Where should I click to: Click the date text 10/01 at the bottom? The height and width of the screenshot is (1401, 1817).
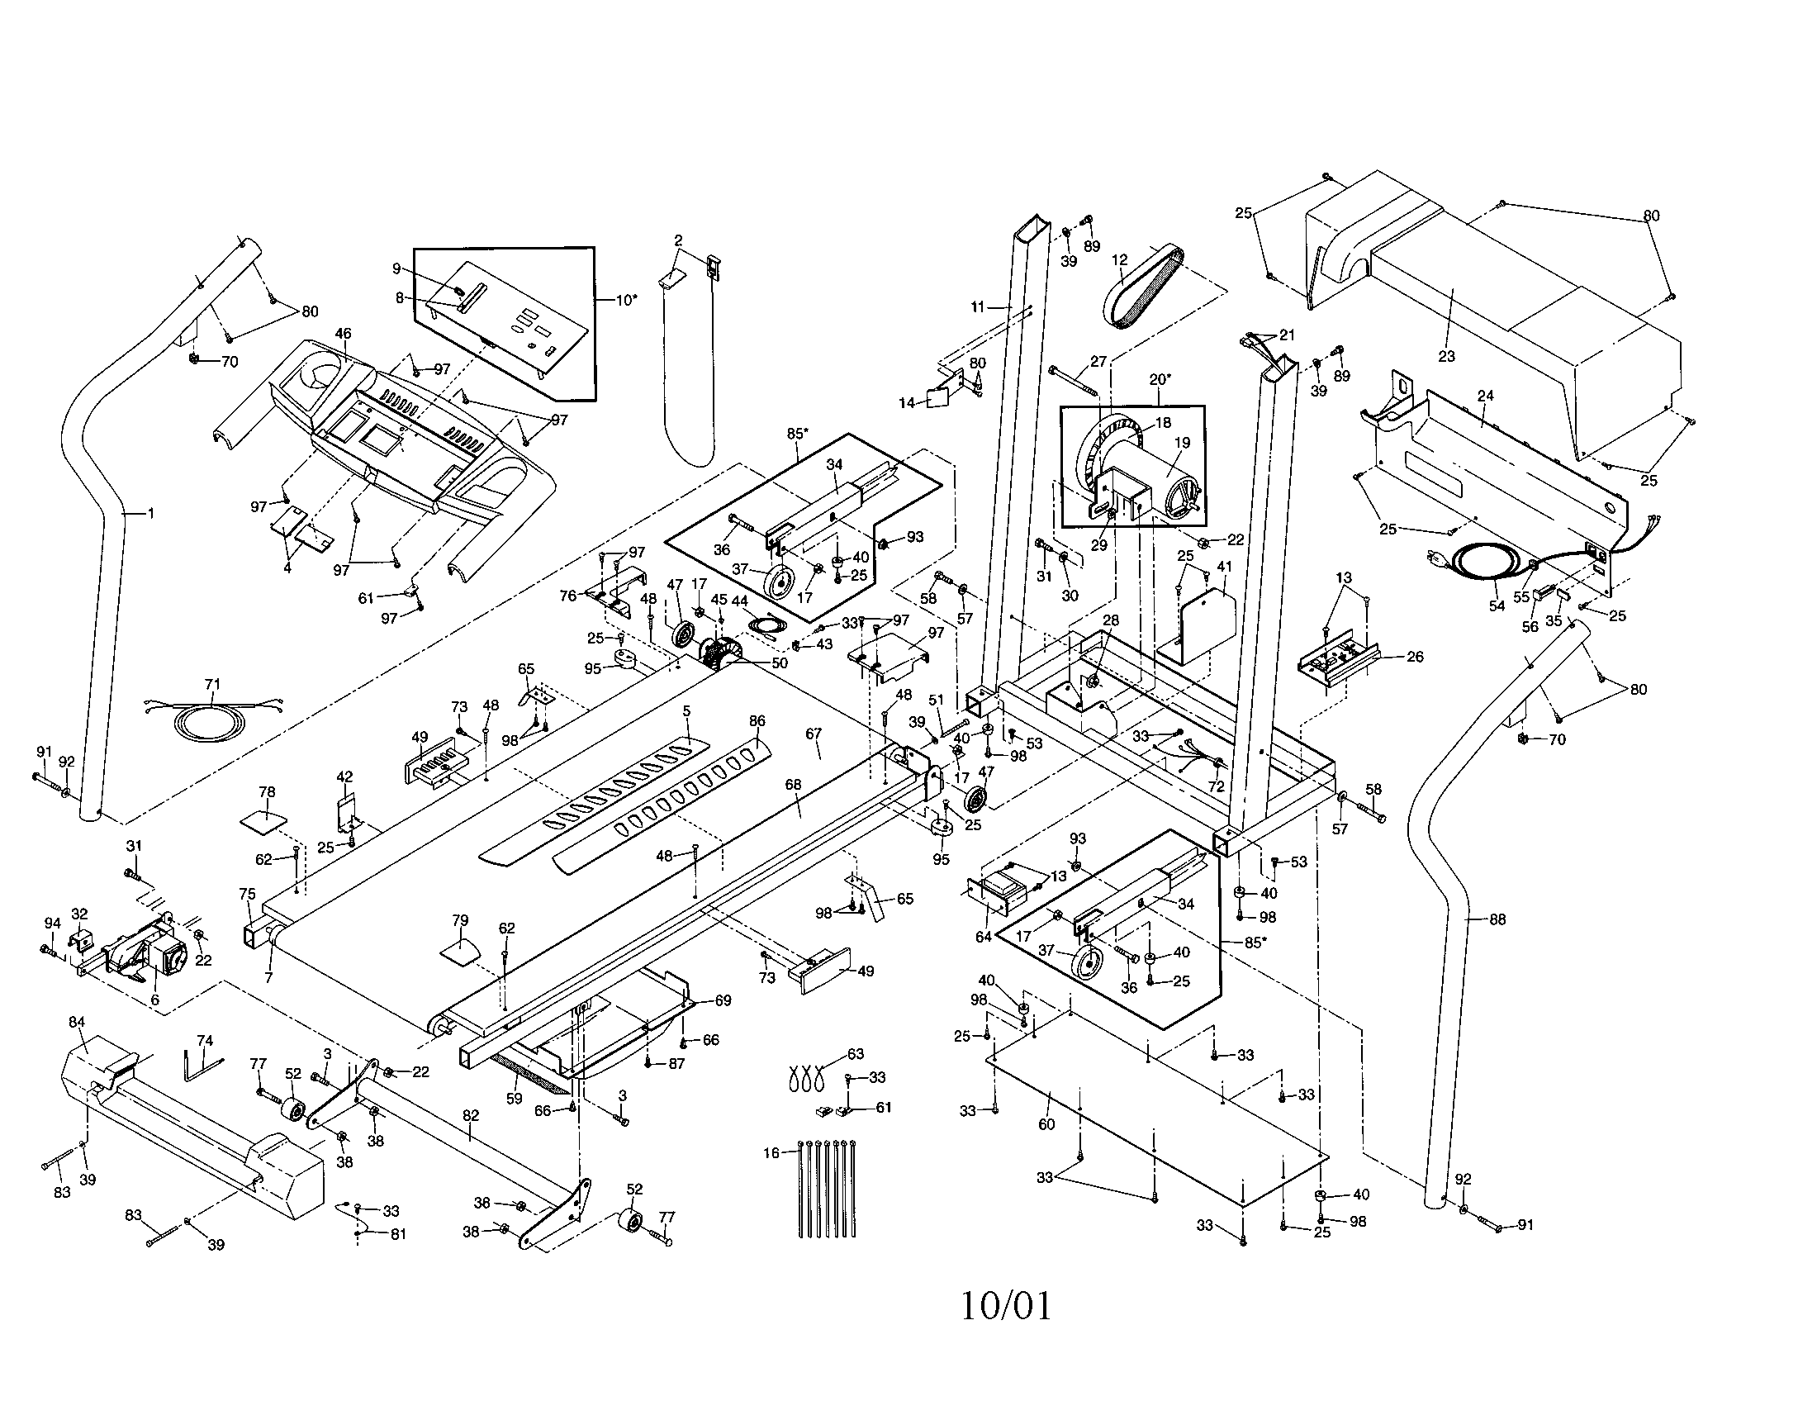pos(1006,1306)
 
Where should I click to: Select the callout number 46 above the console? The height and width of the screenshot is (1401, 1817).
pos(343,334)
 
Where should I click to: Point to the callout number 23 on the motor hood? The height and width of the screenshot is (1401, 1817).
pos(1446,356)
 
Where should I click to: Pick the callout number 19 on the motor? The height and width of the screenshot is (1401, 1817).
pos(1182,443)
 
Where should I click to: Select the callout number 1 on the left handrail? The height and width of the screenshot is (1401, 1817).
pos(150,513)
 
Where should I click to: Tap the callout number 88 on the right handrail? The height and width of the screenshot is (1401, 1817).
pos(1497,919)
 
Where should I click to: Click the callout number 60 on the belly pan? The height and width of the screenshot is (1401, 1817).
pos(1046,1124)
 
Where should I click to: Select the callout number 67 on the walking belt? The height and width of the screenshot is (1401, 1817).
pos(813,733)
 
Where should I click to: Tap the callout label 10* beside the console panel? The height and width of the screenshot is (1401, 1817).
pos(627,300)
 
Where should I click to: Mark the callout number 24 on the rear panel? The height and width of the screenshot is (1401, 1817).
pos(1485,397)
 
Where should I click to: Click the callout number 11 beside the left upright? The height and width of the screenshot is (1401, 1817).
pos(977,307)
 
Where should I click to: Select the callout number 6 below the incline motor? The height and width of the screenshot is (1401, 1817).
pos(154,1000)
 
